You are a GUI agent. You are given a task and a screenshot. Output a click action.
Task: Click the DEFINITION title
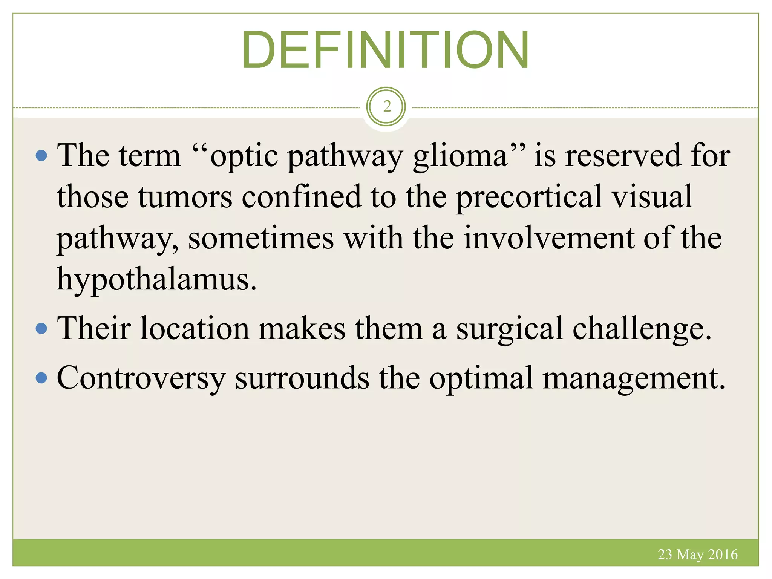tap(385, 50)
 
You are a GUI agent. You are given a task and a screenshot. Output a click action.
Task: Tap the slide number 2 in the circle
tap(386, 107)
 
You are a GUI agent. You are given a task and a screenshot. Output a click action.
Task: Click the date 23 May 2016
tap(697, 554)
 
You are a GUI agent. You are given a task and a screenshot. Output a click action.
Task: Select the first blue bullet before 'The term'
tap(41, 155)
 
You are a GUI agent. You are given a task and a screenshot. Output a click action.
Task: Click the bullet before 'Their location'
tap(41, 328)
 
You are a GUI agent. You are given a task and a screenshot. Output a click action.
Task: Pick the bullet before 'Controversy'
tap(41, 377)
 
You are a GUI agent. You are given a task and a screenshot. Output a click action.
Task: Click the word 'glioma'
tap(460, 156)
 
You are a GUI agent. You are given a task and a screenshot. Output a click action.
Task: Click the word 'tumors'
tap(185, 197)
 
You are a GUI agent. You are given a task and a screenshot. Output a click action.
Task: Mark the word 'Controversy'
tap(141, 378)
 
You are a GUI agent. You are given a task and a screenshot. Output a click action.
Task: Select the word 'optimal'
tap(481, 378)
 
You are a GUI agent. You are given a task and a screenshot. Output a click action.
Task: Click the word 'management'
tap(633, 378)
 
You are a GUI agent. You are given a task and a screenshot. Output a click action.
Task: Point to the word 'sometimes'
tap(261, 238)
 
